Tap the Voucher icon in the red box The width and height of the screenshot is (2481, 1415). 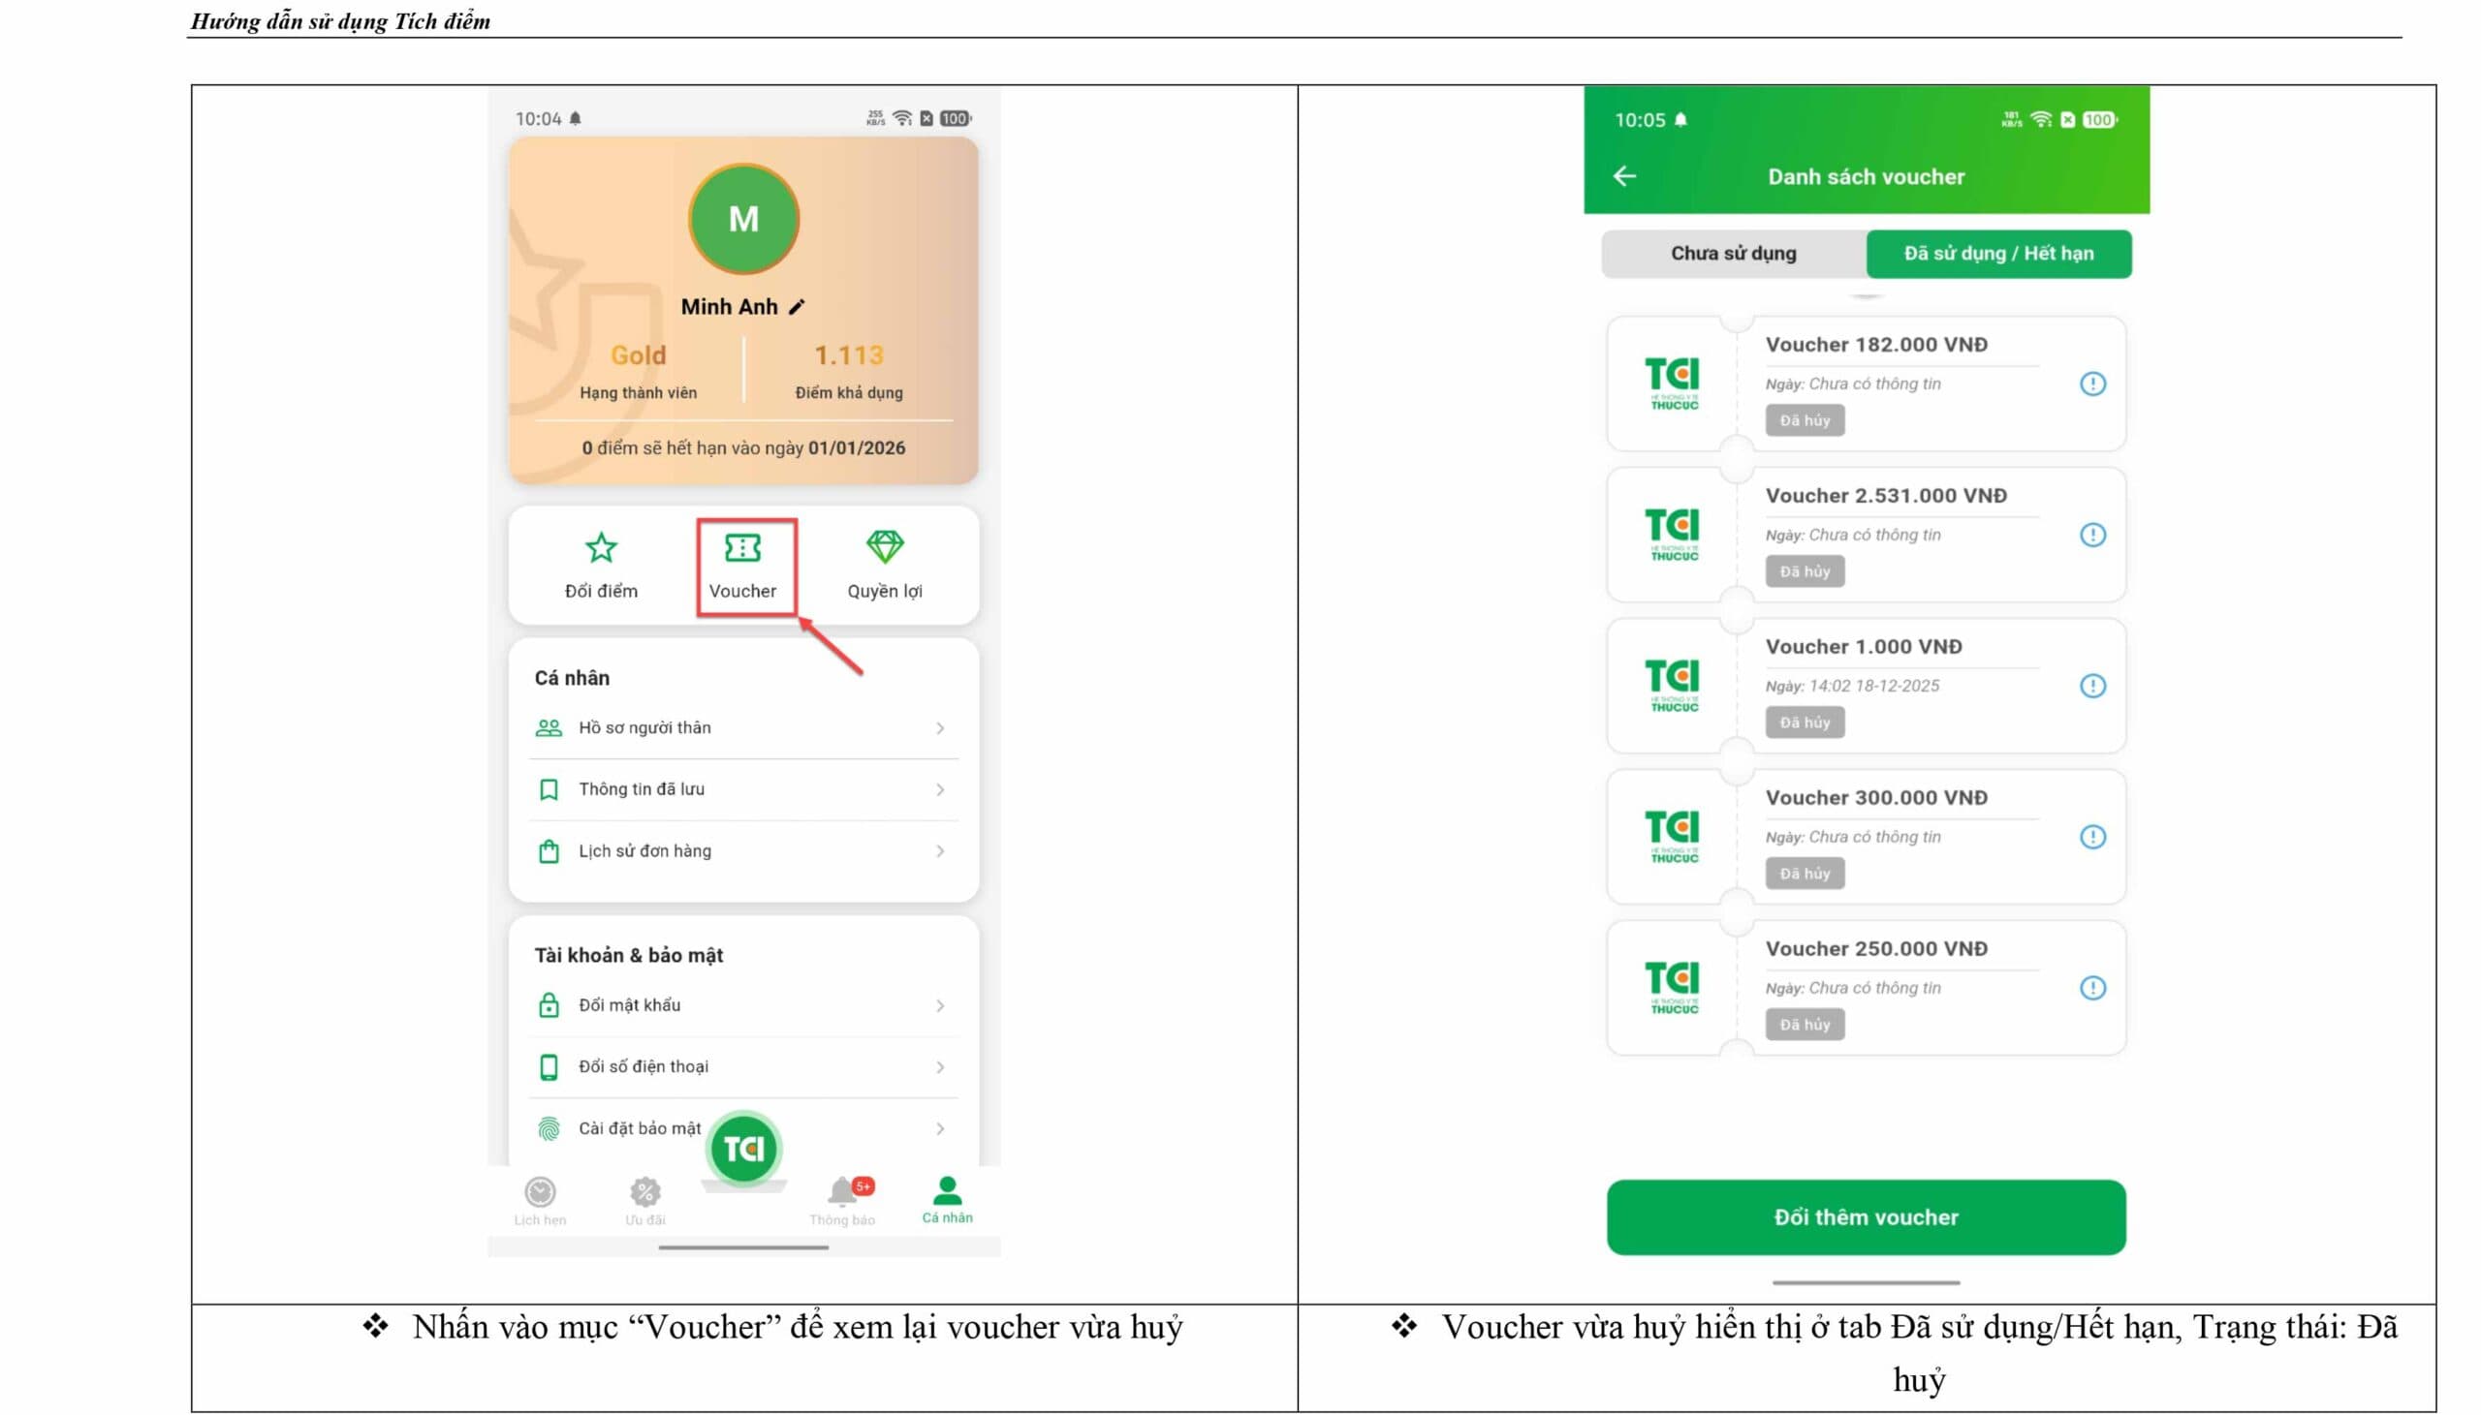point(742,549)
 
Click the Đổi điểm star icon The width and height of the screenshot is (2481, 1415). point(601,549)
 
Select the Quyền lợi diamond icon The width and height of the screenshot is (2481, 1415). point(885,547)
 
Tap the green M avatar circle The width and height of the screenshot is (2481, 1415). point(743,219)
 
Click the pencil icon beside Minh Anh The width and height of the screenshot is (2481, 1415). point(798,307)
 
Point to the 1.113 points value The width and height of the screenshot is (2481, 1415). point(849,355)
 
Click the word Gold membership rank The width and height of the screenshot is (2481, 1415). point(638,355)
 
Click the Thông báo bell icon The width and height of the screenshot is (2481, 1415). point(842,1191)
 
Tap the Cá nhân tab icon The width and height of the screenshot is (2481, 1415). point(947,1190)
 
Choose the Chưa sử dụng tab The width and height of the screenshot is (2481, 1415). point(1734,254)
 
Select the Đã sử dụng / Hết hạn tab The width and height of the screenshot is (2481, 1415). point(1998,254)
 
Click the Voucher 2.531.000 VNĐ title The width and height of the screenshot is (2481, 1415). point(1886,496)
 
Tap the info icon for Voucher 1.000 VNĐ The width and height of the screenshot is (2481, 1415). point(2093,686)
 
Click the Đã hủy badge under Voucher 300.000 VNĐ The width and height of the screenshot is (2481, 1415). point(1805,874)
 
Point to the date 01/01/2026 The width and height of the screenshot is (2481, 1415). point(857,448)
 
